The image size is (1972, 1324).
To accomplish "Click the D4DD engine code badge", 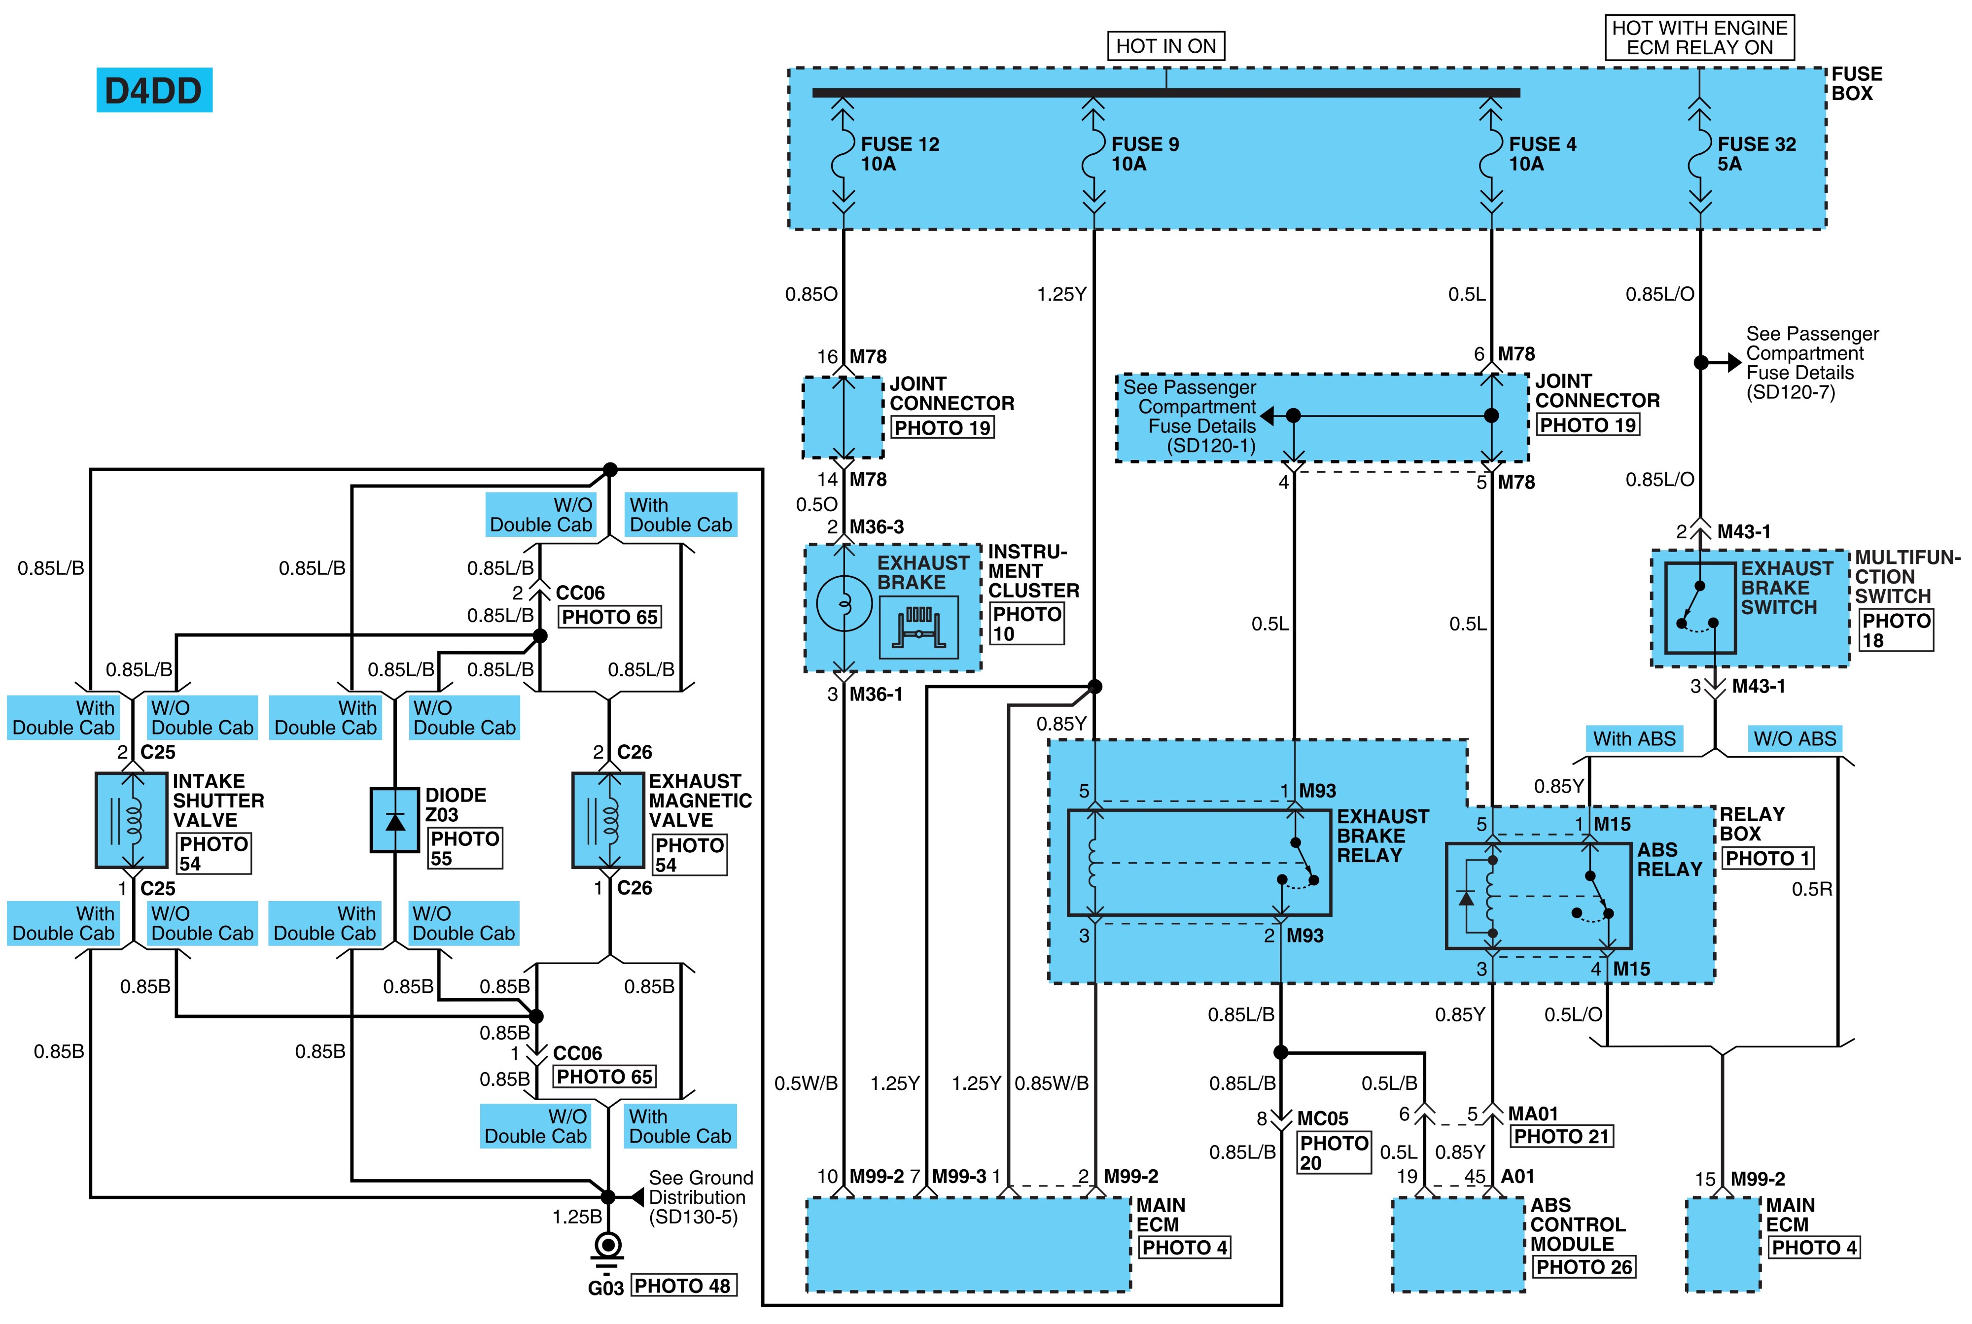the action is (x=154, y=90).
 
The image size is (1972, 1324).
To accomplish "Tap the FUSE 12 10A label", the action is (x=899, y=154).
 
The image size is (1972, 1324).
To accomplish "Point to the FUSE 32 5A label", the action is (x=1756, y=154).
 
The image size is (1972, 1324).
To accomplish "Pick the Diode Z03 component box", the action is (x=394, y=820).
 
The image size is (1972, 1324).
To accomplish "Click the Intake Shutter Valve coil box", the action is (x=131, y=820).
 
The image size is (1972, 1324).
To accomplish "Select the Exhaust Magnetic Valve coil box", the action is (x=608, y=820).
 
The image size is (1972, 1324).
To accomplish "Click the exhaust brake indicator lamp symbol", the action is (x=844, y=604).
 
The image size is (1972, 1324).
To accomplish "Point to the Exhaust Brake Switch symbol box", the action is (x=1700, y=607).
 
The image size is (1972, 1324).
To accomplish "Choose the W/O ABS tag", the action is (x=1795, y=739).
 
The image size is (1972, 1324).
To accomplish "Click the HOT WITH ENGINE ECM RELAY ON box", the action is (x=1699, y=38).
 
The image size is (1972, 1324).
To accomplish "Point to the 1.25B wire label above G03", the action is (x=578, y=1217).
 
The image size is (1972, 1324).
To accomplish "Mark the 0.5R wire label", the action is (x=1812, y=889).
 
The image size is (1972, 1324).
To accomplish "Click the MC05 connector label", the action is (x=1323, y=1119).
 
